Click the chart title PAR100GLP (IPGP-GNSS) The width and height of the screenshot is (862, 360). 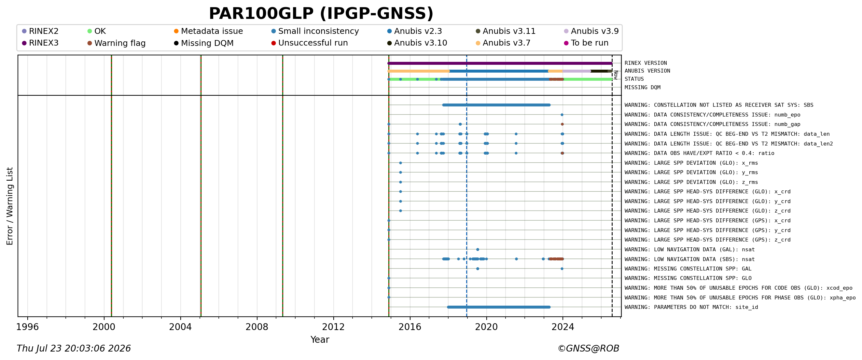click(x=321, y=14)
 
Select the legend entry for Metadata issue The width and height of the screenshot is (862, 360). click(x=208, y=31)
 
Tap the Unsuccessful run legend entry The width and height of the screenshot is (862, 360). click(x=310, y=43)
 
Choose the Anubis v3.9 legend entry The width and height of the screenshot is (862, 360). click(x=591, y=31)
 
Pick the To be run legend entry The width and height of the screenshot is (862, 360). click(x=586, y=43)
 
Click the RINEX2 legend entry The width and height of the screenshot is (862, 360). click(x=40, y=31)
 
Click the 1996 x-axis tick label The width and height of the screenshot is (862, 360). click(x=27, y=327)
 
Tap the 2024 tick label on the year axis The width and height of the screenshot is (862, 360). click(x=563, y=327)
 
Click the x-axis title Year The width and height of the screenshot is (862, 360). click(x=320, y=339)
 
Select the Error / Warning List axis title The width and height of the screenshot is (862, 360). click(x=9, y=206)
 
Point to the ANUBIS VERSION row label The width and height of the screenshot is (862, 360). click(x=647, y=71)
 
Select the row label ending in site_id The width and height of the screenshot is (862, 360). click(x=691, y=307)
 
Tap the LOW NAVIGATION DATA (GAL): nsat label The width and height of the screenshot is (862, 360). click(x=690, y=250)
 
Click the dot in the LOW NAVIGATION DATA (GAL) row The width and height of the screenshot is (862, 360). click(x=478, y=250)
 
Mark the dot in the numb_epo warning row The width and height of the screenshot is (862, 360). click(x=562, y=115)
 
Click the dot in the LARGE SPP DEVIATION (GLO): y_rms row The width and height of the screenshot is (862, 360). click(x=400, y=172)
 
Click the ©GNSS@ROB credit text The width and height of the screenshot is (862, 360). click(x=588, y=348)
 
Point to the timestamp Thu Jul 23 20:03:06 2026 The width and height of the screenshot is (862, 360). click(x=74, y=348)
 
